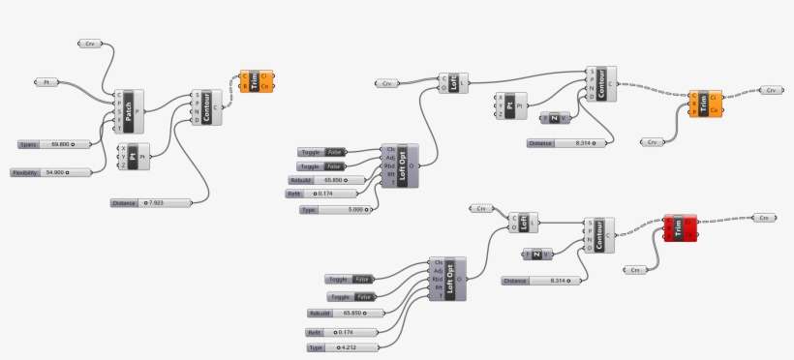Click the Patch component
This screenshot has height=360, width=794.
click(x=129, y=111)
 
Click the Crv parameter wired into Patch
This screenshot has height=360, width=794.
click(x=90, y=44)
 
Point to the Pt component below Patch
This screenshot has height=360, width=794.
click(x=133, y=156)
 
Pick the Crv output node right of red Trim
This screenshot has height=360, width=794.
click(x=763, y=218)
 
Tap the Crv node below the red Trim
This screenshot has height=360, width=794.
click(x=635, y=269)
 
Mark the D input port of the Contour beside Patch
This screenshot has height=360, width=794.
click(x=197, y=120)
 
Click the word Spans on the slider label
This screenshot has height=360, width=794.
click(x=29, y=143)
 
